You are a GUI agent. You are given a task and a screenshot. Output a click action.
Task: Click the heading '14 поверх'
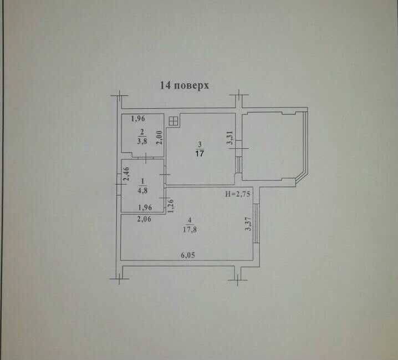point(184,85)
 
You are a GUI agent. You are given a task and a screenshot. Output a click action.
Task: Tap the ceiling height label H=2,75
point(238,194)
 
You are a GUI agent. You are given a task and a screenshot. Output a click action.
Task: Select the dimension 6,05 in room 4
point(188,255)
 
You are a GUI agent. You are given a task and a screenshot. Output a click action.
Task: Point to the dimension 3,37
point(248,224)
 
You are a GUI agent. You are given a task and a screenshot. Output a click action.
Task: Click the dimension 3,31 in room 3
point(230,138)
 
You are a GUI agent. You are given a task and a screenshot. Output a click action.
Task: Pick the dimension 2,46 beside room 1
point(126,174)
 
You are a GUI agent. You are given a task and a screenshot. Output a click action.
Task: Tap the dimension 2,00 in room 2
point(160,138)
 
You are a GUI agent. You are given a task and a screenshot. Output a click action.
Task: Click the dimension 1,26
point(171,206)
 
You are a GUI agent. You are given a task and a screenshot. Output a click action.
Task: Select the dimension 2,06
point(144,219)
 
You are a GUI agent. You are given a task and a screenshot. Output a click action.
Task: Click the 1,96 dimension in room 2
point(138,118)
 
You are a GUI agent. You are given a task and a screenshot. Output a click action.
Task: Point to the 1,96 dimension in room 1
point(145,207)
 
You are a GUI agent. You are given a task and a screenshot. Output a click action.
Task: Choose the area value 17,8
point(190,230)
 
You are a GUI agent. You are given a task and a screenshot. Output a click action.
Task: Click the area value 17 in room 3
point(200,154)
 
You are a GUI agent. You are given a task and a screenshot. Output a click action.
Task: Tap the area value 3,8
point(142,141)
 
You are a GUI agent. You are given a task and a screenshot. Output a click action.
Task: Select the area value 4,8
point(142,191)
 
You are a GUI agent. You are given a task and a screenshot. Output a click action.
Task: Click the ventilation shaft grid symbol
point(173,121)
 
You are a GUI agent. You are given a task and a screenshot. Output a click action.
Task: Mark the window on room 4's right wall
point(256,224)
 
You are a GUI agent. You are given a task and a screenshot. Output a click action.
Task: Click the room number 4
point(190,220)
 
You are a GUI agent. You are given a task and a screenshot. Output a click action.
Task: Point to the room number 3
point(200,145)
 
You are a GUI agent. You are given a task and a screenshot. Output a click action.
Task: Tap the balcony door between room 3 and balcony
point(238,165)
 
